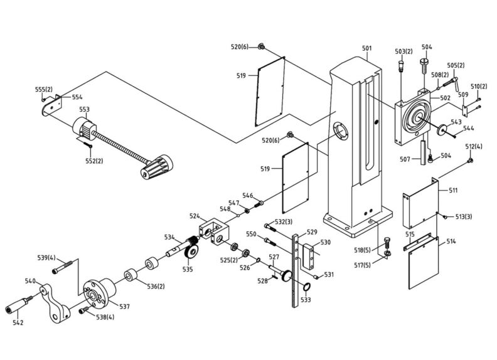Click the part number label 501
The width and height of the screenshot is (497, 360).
[367, 48]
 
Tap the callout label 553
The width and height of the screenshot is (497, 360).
[84, 109]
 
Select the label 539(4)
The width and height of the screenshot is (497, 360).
[46, 258]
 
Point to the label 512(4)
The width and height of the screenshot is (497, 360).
[474, 147]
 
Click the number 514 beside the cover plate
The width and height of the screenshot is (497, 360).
[451, 241]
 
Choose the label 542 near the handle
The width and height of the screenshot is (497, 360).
[18, 322]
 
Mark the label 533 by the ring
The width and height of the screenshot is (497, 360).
[306, 300]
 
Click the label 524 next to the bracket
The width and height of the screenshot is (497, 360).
[195, 216]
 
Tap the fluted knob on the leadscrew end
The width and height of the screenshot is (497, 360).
[154, 168]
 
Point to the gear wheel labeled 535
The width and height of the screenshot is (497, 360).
[192, 252]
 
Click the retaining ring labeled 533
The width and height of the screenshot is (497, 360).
[307, 287]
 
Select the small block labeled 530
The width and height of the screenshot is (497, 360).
[307, 256]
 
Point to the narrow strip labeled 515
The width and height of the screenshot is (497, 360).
[417, 242]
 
